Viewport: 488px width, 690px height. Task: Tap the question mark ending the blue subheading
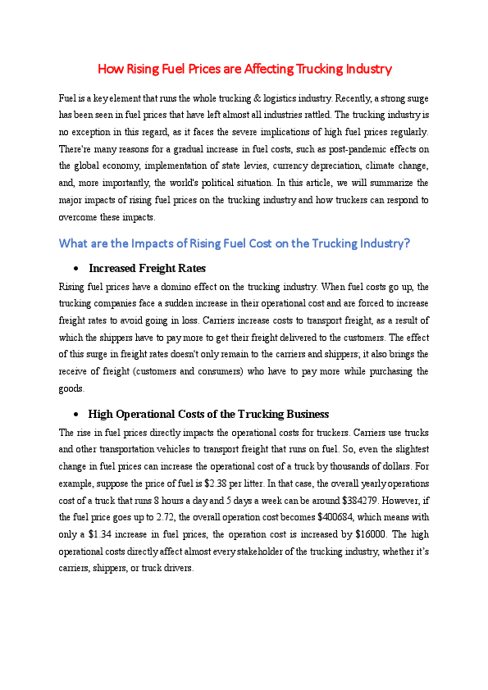coord(406,243)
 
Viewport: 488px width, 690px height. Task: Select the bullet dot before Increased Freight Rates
coord(75,269)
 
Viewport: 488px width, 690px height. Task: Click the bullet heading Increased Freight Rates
coord(147,269)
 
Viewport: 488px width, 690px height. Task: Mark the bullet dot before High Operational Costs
coord(75,414)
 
